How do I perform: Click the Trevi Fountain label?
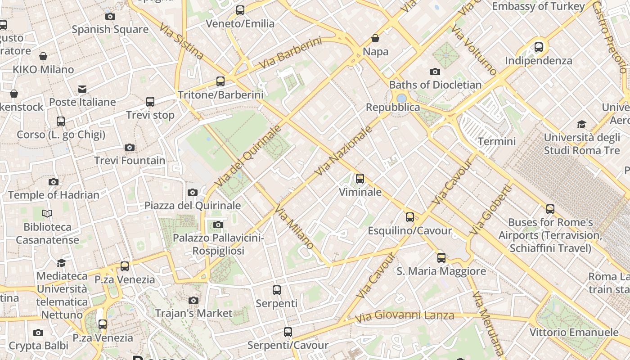click(130, 161)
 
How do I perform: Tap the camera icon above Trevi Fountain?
click(130, 148)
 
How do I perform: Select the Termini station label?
click(497, 141)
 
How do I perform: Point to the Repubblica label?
click(393, 108)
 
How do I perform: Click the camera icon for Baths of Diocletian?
click(435, 72)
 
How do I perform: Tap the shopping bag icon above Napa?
click(375, 39)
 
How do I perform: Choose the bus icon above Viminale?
click(360, 179)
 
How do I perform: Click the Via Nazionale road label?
click(344, 151)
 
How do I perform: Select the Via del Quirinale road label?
click(248, 156)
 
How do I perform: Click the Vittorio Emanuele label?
click(574, 333)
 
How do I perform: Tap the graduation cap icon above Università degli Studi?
click(582, 124)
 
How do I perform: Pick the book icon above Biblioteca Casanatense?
click(47, 213)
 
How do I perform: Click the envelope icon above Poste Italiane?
click(82, 89)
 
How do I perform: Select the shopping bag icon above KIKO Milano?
click(43, 56)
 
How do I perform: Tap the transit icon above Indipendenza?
click(539, 47)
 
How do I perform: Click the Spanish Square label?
click(110, 30)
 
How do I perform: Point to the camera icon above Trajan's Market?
click(193, 300)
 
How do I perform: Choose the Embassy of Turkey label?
click(538, 6)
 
